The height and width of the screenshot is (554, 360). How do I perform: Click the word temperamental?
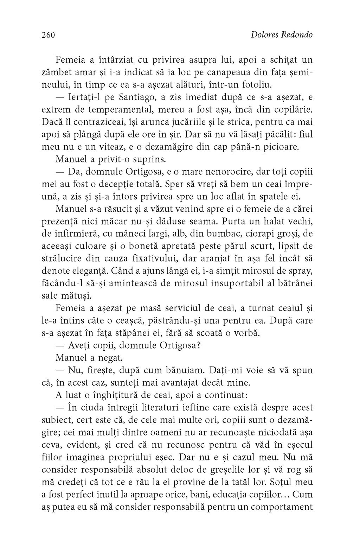[116, 109]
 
